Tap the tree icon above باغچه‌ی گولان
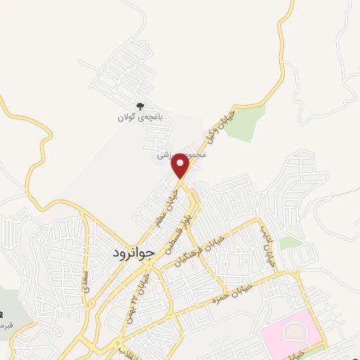141,106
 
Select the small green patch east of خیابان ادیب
290,243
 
